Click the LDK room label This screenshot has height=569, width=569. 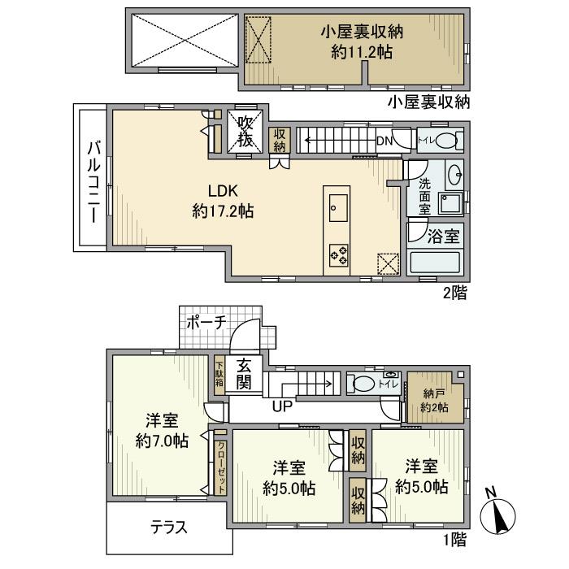(221, 193)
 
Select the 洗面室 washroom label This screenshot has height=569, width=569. (424, 196)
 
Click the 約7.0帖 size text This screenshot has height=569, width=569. (163, 441)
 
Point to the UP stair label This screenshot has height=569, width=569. (282, 404)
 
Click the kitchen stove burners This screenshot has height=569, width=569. (338, 254)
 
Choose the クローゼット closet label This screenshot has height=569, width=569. (221, 466)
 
